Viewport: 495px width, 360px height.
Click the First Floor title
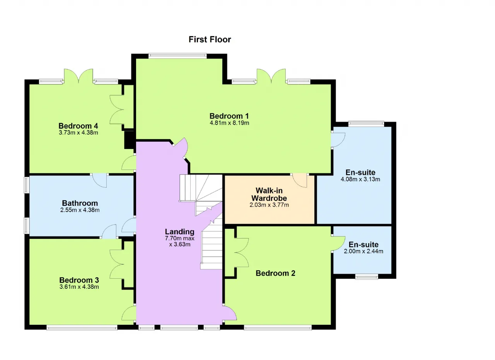click(x=210, y=39)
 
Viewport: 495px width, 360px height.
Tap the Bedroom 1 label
click(x=229, y=116)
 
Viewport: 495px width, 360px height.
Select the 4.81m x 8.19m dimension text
click(x=229, y=123)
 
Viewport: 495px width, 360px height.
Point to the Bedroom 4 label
click(x=78, y=126)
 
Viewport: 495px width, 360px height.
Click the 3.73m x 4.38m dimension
click(x=79, y=133)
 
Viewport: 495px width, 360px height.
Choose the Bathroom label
click(x=80, y=203)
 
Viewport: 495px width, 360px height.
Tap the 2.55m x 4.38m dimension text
click(x=80, y=210)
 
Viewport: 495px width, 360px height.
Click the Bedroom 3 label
click(x=79, y=280)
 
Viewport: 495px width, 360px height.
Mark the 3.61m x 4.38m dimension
click(x=79, y=287)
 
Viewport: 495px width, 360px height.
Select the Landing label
click(x=180, y=231)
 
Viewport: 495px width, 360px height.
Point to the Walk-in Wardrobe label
click(x=269, y=194)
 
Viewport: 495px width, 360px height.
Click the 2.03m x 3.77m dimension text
click(x=269, y=205)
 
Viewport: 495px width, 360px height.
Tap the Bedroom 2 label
click(x=275, y=273)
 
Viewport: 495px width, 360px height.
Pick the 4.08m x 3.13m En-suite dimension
click(x=360, y=179)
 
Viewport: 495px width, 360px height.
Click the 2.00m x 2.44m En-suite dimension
click(x=364, y=251)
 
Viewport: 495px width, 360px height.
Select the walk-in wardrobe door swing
click(x=300, y=181)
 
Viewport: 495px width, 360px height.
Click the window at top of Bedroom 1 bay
click(x=178, y=55)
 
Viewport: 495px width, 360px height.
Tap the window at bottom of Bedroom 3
click(x=82, y=327)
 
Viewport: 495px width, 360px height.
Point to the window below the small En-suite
click(x=367, y=277)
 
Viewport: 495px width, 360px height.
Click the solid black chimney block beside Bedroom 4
click(x=130, y=140)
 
